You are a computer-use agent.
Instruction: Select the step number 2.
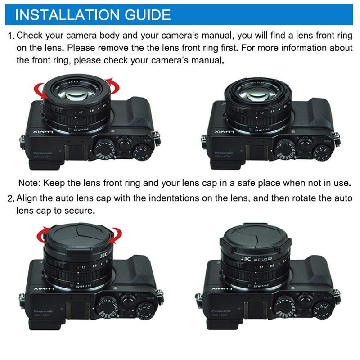(x=10, y=198)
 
